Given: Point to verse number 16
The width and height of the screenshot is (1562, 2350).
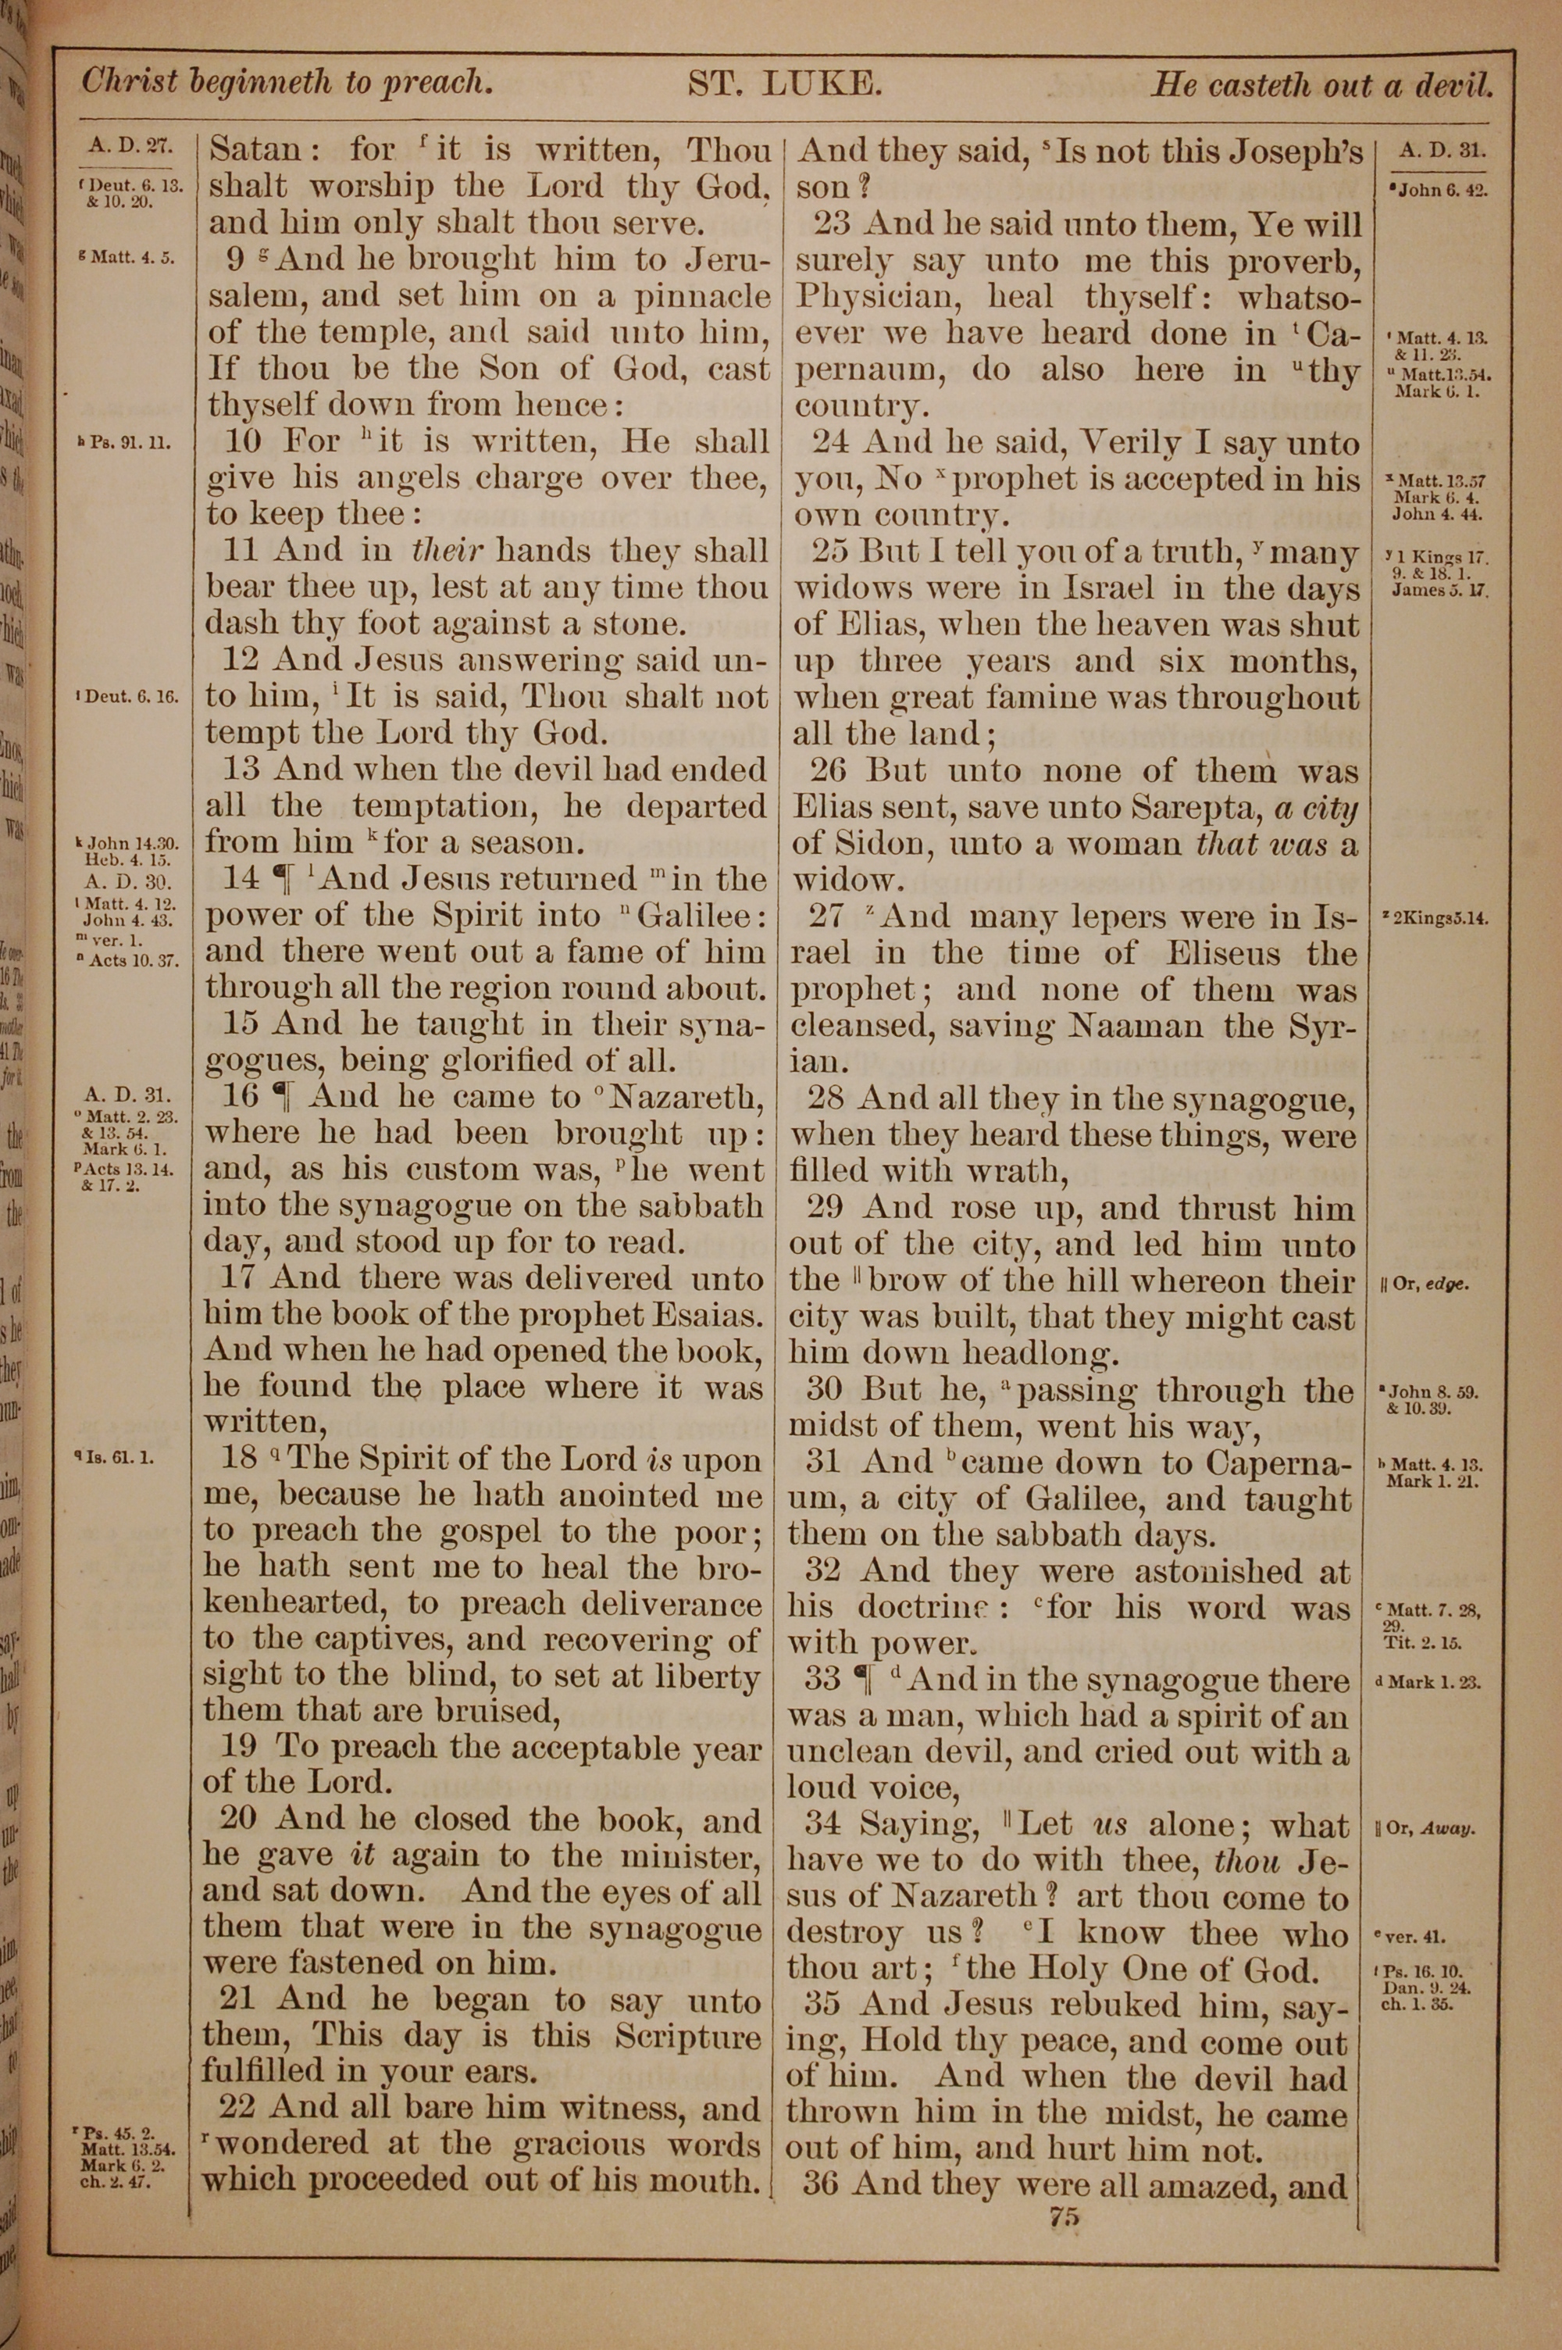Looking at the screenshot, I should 241,1097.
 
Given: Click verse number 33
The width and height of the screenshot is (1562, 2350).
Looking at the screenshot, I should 823,1680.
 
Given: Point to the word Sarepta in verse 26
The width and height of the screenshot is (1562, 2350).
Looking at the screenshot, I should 1196,808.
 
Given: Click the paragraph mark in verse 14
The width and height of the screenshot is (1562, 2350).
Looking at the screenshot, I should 285,880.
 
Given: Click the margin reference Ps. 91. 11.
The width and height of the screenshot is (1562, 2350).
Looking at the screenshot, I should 122,441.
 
